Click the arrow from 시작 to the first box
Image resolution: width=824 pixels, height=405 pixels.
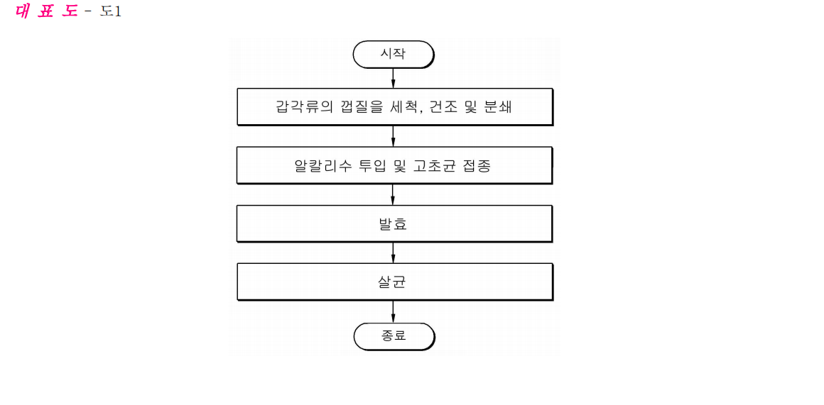coord(393,78)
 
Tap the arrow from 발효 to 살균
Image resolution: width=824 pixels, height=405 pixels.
coord(393,253)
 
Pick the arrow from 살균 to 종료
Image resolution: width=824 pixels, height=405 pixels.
coord(393,311)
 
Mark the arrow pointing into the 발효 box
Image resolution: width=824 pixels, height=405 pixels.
coord(393,194)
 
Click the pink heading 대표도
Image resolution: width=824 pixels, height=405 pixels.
coord(47,11)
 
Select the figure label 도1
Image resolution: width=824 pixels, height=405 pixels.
coord(111,11)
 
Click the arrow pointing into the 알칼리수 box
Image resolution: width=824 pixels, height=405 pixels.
coord(393,136)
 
